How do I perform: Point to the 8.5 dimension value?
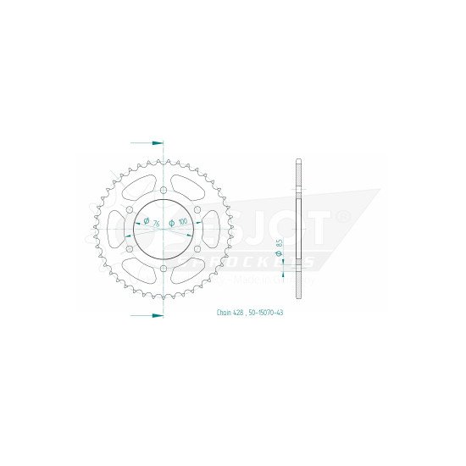tap(280, 247)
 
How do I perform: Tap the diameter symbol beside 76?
tap(147, 222)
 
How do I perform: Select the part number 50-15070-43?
tap(258, 313)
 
